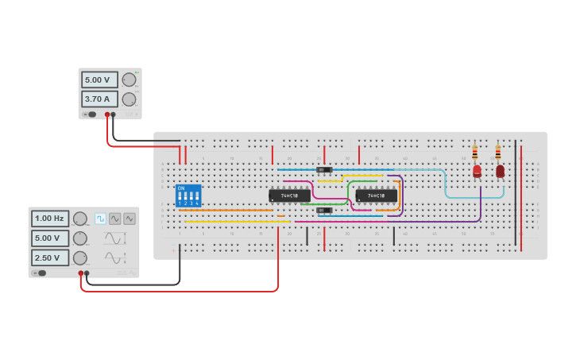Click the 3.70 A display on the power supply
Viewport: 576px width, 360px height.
tap(99, 99)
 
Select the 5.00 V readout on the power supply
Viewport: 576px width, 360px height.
tap(99, 80)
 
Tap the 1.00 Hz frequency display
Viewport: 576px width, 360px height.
tap(50, 219)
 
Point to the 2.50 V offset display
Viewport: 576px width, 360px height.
tap(50, 257)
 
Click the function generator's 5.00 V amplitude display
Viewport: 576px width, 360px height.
tap(50, 238)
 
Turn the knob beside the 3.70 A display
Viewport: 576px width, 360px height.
tap(129, 99)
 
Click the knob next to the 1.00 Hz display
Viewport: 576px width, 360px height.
tap(80, 219)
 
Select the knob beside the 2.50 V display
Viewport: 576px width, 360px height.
tap(80, 257)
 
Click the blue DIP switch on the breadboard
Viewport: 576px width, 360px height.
tap(188, 195)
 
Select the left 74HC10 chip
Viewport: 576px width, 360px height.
tap(289, 195)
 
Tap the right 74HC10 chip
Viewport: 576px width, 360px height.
tap(376, 195)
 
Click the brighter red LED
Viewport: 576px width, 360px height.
tap(477, 170)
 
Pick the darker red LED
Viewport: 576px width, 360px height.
tap(500, 170)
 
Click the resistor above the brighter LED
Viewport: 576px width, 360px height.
tap(475, 152)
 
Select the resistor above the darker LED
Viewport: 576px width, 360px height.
tap(498, 152)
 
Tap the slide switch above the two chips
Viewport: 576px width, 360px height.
tap(324, 170)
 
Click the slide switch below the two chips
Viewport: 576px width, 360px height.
tap(324, 211)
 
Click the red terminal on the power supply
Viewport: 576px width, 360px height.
tap(107, 114)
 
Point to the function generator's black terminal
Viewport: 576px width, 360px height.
tap(87, 273)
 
